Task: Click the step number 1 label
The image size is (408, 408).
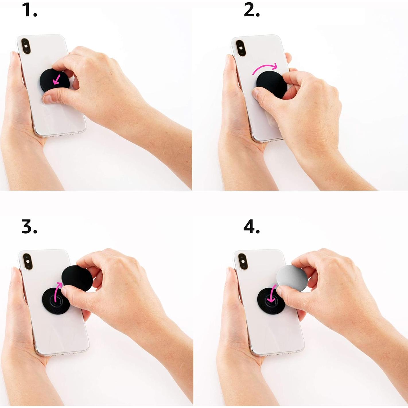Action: tap(29, 10)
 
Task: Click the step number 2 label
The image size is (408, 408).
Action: tap(252, 10)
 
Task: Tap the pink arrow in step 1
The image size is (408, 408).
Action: tap(57, 79)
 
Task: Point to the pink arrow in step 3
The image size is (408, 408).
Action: tap(58, 290)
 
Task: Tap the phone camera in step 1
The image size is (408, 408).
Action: tap(26, 47)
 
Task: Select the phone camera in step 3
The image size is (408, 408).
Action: tap(28, 261)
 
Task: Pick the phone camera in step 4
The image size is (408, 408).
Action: tap(243, 261)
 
